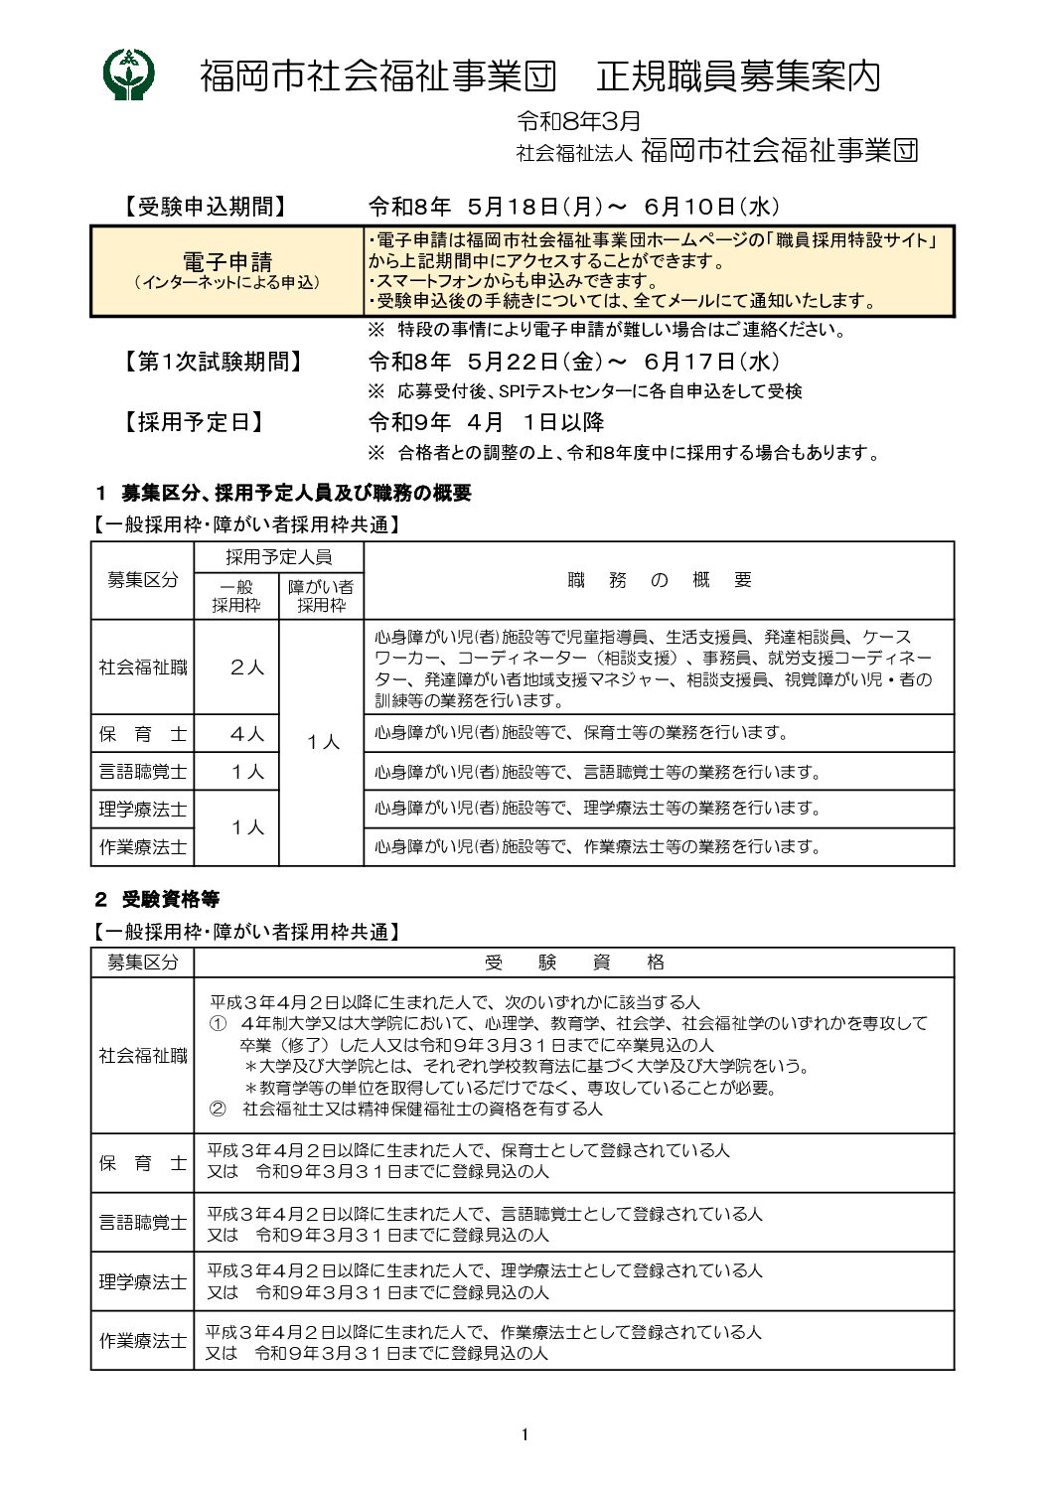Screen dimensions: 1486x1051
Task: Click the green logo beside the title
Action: click(128, 74)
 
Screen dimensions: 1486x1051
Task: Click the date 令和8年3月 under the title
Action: click(578, 121)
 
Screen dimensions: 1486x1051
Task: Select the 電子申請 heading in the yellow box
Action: click(227, 261)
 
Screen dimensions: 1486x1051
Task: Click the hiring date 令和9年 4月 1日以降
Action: click(486, 422)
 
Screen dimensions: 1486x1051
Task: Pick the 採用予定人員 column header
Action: click(278, 556)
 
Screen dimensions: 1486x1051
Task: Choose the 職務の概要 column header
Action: click(660, 580)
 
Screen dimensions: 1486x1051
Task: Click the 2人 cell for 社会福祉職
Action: click(247, 668)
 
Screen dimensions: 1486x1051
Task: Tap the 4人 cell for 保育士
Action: click(247, 734)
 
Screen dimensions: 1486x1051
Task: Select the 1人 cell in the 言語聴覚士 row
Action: click(247, 771)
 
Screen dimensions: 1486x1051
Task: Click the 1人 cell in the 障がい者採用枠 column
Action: click(323, 742)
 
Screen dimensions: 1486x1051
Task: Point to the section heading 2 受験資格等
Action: click(157, 899)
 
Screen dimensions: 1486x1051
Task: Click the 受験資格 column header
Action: click(574, 962)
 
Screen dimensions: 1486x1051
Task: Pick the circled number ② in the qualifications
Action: click(218, 1108)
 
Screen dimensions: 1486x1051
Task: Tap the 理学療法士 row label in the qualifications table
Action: click(142, 1281)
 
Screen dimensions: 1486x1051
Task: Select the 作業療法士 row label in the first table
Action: click(142, 846)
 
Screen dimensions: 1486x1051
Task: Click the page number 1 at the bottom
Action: click(524, 1433)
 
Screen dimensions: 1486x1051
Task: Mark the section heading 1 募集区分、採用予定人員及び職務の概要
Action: click(283, 493)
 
